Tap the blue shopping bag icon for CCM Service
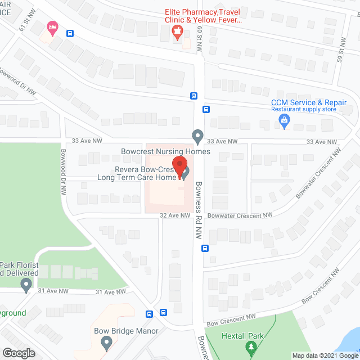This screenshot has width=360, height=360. (x=285, y=119)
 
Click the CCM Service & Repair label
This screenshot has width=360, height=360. (x=308, y=102)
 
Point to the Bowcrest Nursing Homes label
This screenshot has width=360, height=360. (x=165, y=151)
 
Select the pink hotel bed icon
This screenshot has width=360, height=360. (x=52, y=26)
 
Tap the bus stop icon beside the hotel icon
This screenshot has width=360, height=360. (x=70, y=33)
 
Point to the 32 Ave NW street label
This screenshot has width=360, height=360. (x=174, y=215)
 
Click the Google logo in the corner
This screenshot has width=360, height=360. (x=18, y=353)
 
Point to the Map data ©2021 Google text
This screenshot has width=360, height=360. (x=324, y=355)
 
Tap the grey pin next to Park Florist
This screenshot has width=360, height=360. (x=26, y=285)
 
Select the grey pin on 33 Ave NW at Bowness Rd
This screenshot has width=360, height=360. (x=197, y=136)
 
